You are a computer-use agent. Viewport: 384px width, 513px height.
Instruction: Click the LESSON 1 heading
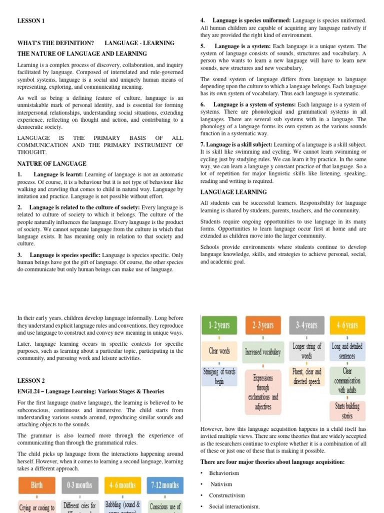pos(31,21)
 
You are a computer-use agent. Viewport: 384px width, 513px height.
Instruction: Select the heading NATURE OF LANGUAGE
pos(52,163)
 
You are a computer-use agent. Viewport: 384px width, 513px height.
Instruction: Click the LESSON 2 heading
pos(31,381)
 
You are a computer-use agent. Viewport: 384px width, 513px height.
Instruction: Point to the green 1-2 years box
pos(219,325)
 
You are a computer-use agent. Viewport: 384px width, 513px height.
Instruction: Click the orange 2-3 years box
pos(263,325)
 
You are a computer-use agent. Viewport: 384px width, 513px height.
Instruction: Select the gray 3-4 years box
pos(306,325)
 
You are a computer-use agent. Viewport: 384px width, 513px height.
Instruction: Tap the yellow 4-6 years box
pos(348,325)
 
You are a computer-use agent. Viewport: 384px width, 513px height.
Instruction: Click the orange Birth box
pos(36,485)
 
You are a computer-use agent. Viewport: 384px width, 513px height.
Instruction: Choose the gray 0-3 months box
pos(79,485)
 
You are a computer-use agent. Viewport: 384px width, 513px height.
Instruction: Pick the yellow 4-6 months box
pos(123,485)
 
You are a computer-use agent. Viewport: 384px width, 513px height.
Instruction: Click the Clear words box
pos(219,351)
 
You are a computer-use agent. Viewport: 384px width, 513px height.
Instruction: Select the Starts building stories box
pos(348,410)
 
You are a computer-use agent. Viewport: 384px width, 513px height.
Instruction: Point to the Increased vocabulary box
pos(263,352)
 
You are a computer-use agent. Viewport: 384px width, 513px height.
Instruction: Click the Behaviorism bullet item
pos(224,473)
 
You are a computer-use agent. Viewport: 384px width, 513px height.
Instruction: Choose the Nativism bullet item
pos(221,484)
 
